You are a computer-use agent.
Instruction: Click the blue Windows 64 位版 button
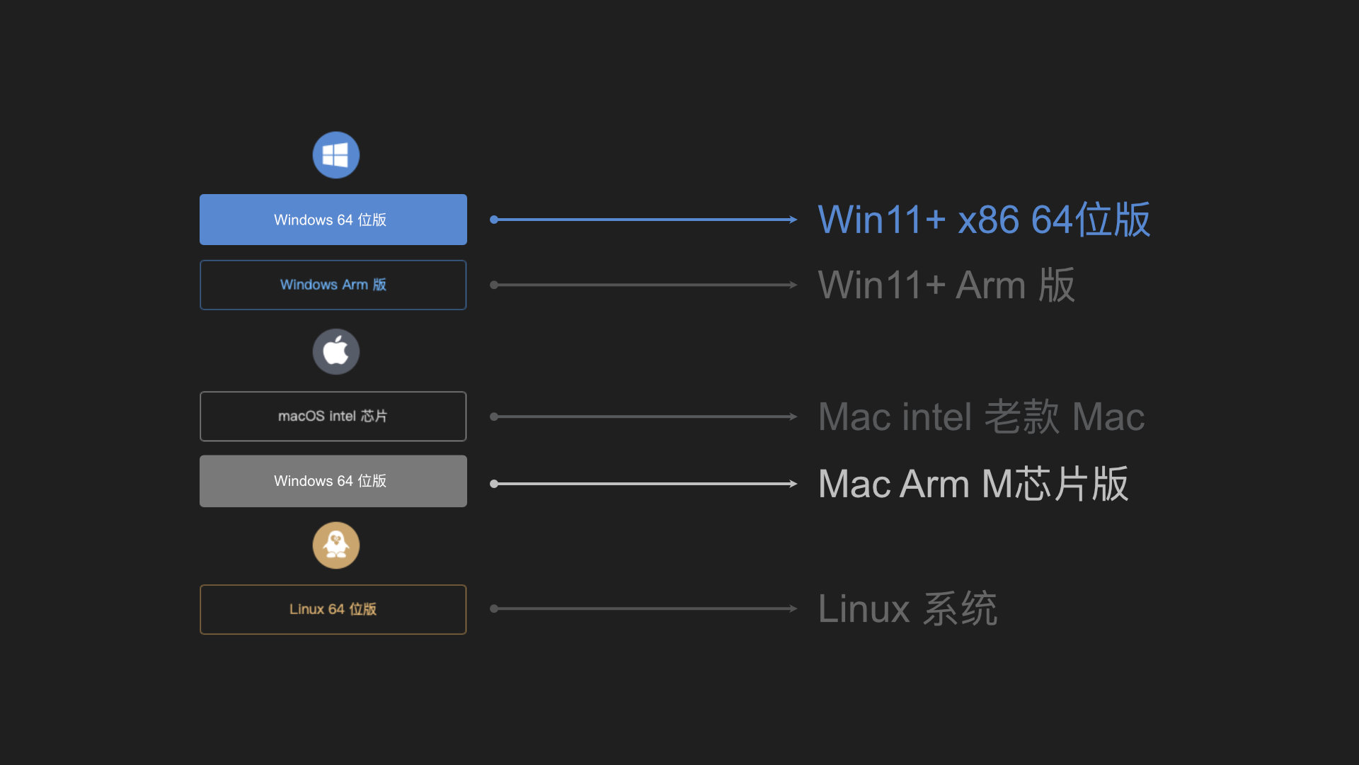point(333,220)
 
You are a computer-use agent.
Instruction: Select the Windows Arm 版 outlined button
point(333,285)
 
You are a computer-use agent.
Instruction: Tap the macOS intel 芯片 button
point(333,416)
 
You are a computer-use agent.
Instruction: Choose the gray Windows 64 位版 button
point(333,481)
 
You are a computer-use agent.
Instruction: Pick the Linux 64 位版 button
point(333,609)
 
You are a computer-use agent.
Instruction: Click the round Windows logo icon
point(336,155)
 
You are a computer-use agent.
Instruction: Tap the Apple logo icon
point(336,351)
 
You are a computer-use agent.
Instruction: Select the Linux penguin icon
point(336,545)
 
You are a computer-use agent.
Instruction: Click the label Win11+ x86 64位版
point(984,220)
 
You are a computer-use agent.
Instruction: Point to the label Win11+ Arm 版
point(946,285)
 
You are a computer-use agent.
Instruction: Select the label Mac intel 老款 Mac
point(981,416)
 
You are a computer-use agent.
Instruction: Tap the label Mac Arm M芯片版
point(973,484)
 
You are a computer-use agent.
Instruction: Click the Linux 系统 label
point(907,608)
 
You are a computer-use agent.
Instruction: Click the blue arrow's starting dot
point(494,220)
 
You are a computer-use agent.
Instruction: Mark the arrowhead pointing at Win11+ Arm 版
point(793,285)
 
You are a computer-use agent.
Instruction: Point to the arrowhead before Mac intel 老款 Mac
point(793,416)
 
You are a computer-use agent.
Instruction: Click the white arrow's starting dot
point(494,484)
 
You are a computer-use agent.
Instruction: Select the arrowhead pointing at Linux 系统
point(793,608)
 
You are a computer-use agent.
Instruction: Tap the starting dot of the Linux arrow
point(494,608)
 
